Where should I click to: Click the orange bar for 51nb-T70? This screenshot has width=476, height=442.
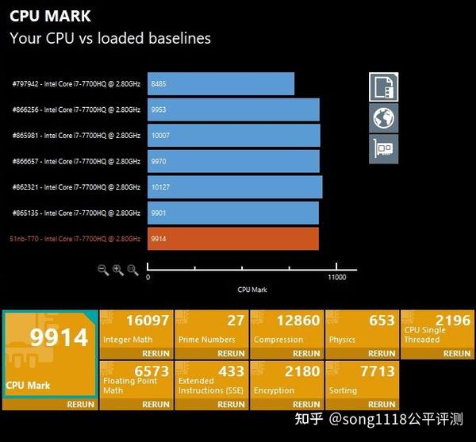[233, 239]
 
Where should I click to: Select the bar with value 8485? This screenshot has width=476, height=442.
[221, 84]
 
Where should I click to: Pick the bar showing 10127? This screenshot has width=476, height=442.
[235, 187]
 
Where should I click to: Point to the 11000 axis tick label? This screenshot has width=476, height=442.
[336, 277]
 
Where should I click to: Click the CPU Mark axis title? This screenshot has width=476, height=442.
[252, 290]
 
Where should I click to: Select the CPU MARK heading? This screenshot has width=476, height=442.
[50, 16]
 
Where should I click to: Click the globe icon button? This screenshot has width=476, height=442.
[383, 117]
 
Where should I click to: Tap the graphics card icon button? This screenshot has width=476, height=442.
[383, 149]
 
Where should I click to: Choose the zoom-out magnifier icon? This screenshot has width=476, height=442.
[103, 270]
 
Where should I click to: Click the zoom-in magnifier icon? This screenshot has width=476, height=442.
[118, 270]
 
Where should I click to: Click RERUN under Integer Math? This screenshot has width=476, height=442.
[155, 353]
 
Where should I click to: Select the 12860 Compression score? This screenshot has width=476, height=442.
[298, 321]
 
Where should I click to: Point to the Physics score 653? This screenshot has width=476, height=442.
[382, 321]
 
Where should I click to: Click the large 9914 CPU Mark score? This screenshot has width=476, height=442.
[59, 337]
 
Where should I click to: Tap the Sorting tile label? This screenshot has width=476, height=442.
[343, 390]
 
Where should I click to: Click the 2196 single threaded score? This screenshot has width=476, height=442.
[453, 321]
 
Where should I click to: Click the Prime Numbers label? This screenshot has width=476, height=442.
[207, 340]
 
